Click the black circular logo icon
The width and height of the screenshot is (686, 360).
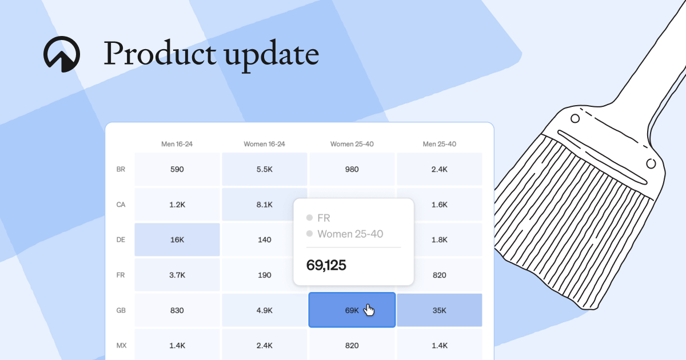click(62, 54)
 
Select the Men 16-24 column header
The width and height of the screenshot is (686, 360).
click(177, 144)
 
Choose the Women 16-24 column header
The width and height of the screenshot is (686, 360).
click(264, 144)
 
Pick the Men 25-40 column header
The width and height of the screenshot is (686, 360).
click(439, 144)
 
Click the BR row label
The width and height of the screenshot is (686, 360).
click(121, 169)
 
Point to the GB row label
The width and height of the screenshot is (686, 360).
click(121, 310)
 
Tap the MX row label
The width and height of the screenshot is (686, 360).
click(121, 345)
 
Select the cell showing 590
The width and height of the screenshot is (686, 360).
click(177, 169)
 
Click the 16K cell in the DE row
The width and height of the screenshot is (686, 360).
click(177, 239)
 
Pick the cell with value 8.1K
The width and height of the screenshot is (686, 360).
click(264, 205)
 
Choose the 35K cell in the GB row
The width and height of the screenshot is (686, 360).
click(439, 310)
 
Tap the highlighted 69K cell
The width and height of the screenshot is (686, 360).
click(352, 310)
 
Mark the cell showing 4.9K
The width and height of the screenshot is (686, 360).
click(264, 310)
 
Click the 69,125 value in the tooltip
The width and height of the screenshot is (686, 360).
click(326, 265)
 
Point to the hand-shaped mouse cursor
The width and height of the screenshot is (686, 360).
click(369, 310)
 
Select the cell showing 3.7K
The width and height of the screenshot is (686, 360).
click(177, 275)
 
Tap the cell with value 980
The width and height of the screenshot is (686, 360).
click(352, 169)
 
